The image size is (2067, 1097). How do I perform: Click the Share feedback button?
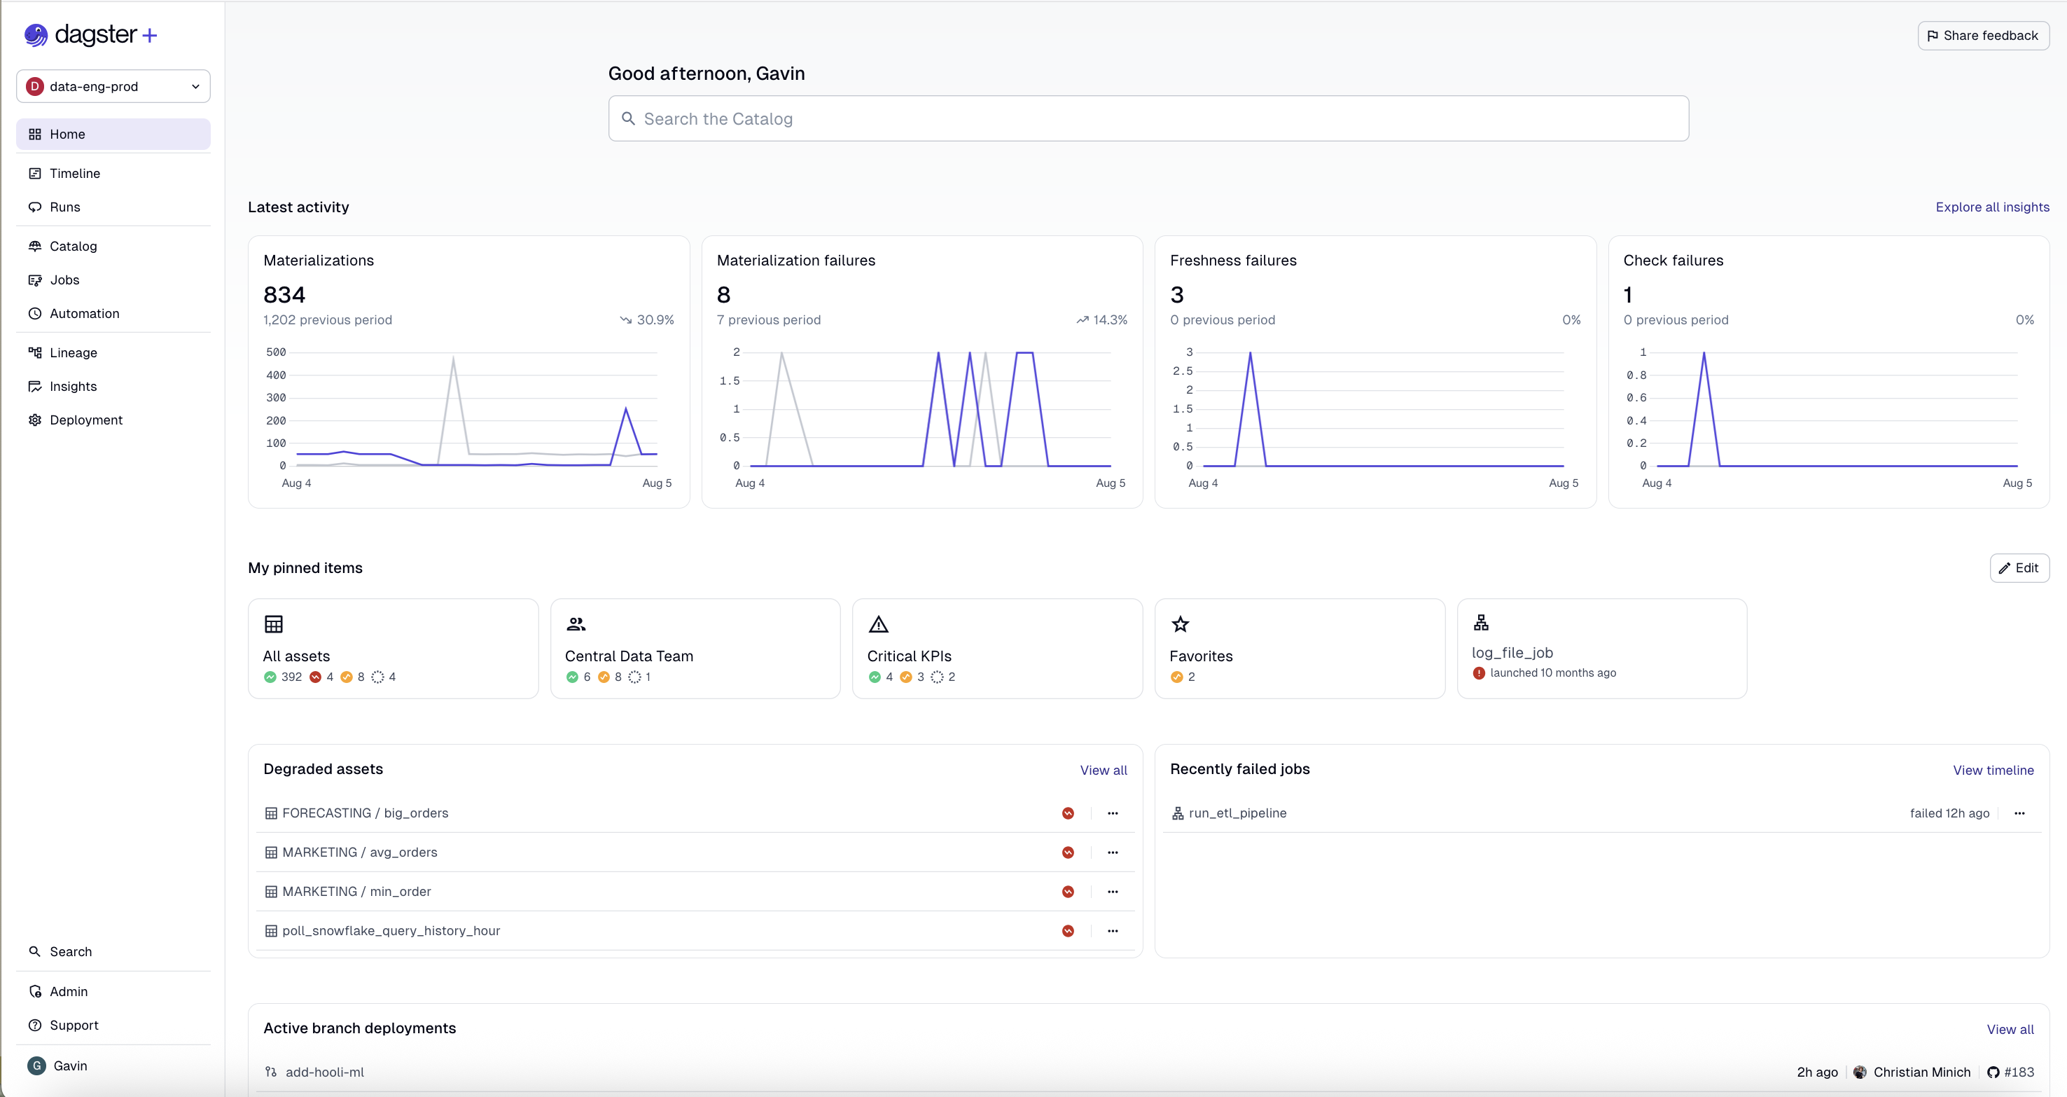[1983, 35]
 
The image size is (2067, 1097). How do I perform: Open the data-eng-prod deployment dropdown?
[113, 87]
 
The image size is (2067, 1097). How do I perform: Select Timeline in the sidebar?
[75, 173]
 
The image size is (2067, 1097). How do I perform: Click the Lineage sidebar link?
[73, 352]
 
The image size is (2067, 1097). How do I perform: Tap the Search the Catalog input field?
[1148, 119]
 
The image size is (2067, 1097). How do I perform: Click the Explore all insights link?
[1991, 207]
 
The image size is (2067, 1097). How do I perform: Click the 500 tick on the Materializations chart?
[276, 352]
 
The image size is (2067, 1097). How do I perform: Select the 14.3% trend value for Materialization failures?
[1110, 319]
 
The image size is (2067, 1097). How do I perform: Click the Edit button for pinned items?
[2019, 567]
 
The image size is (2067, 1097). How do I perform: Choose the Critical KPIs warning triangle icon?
[879, 623]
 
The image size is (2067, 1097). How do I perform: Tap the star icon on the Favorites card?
[1181, 623]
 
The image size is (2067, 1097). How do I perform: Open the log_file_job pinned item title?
[1512, 652]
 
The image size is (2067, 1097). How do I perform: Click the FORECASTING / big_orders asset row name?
[365, 813]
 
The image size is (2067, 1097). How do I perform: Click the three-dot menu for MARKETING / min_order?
[1112, 892]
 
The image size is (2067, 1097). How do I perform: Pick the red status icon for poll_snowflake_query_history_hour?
[1068, 931]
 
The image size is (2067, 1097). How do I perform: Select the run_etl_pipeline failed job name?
[1237, 813]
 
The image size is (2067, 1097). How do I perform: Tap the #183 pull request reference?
[2018, 1072]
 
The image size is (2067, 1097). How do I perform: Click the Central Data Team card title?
[628, 656]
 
